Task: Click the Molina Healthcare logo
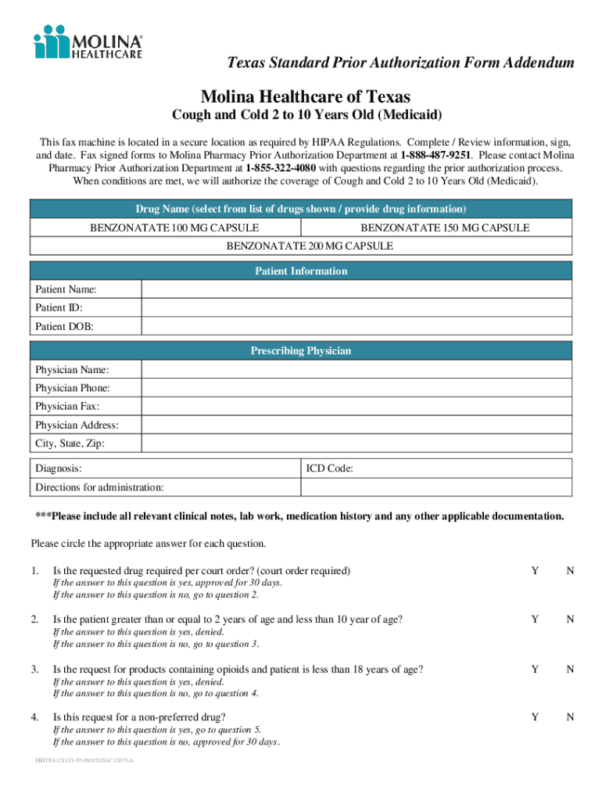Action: point(88,41)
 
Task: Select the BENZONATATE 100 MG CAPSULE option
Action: point(174,228)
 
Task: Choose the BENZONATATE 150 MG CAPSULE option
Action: point(444,228)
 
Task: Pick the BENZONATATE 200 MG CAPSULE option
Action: point(310,246)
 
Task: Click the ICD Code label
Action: point(330,469)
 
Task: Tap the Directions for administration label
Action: point(99,487)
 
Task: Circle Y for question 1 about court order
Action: point(535,571)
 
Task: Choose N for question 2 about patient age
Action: point(571,620)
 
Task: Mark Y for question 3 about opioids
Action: point(535,670)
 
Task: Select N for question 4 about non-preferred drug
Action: point(571,717)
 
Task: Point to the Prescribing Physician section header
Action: point(301,351)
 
